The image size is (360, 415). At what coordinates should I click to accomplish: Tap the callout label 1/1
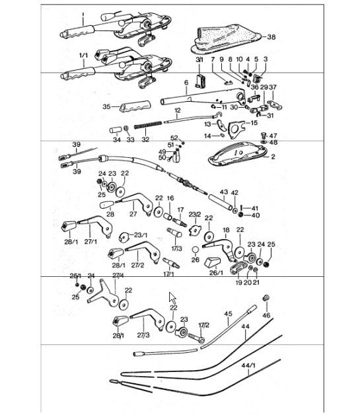pos(83,55)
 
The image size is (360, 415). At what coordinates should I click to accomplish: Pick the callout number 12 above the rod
pos(177,110)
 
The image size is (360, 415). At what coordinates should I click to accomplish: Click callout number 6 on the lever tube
pos(186,83)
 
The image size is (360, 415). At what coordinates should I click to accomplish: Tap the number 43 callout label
pos(223,192)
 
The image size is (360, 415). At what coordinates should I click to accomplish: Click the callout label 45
pos(228,313)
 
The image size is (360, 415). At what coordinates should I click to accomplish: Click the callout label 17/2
pos(203,326)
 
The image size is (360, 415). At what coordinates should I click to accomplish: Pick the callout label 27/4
pos(118,276)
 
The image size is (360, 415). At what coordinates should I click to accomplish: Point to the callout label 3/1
pos(199,59)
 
